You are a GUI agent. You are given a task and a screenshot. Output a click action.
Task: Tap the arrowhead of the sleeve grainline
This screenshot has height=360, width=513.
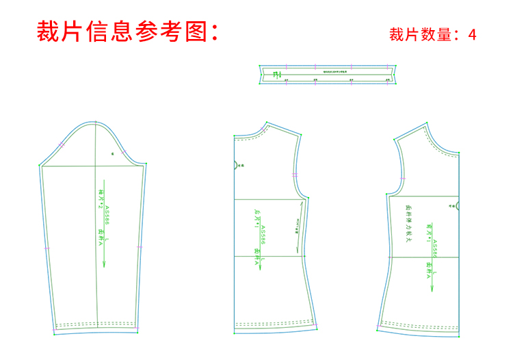click(x=104, y=263)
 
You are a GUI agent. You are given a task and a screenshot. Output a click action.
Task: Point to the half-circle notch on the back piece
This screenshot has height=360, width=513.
click(x=236, y=165)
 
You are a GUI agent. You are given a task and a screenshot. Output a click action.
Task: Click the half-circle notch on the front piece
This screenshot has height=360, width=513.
click(x=458, y=205)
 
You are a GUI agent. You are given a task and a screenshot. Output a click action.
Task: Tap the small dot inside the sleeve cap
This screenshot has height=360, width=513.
click(x=112, y=154)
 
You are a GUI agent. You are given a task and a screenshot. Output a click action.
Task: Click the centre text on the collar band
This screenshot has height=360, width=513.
click(x=327, y=71)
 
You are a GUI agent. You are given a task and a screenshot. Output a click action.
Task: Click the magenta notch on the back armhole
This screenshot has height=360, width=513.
click(x=295, y=175)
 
